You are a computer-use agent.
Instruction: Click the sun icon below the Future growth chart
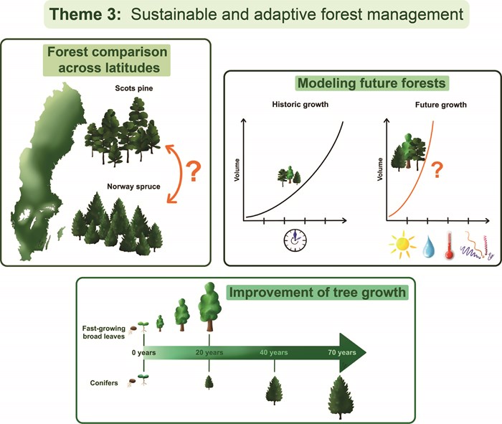402,245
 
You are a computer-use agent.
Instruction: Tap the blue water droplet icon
429,247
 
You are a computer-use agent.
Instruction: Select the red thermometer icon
449,246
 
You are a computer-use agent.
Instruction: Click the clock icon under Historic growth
295,240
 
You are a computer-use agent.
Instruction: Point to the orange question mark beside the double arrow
194,172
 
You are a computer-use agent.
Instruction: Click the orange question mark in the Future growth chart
437,170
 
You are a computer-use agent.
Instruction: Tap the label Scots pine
134,88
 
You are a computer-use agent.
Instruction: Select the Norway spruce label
133,187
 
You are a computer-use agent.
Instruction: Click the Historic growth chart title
300,105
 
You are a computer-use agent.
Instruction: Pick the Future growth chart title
441,105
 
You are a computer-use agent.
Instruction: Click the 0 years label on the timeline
143,352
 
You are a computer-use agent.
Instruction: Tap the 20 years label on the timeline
209,352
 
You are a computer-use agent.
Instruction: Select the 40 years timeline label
274,352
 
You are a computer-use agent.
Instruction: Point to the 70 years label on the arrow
342,352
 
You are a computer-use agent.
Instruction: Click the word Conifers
104,383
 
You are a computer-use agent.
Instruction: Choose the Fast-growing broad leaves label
104,332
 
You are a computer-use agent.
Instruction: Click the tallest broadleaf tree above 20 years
209,306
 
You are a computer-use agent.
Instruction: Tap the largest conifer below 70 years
340,397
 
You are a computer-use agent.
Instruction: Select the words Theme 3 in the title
85,14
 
